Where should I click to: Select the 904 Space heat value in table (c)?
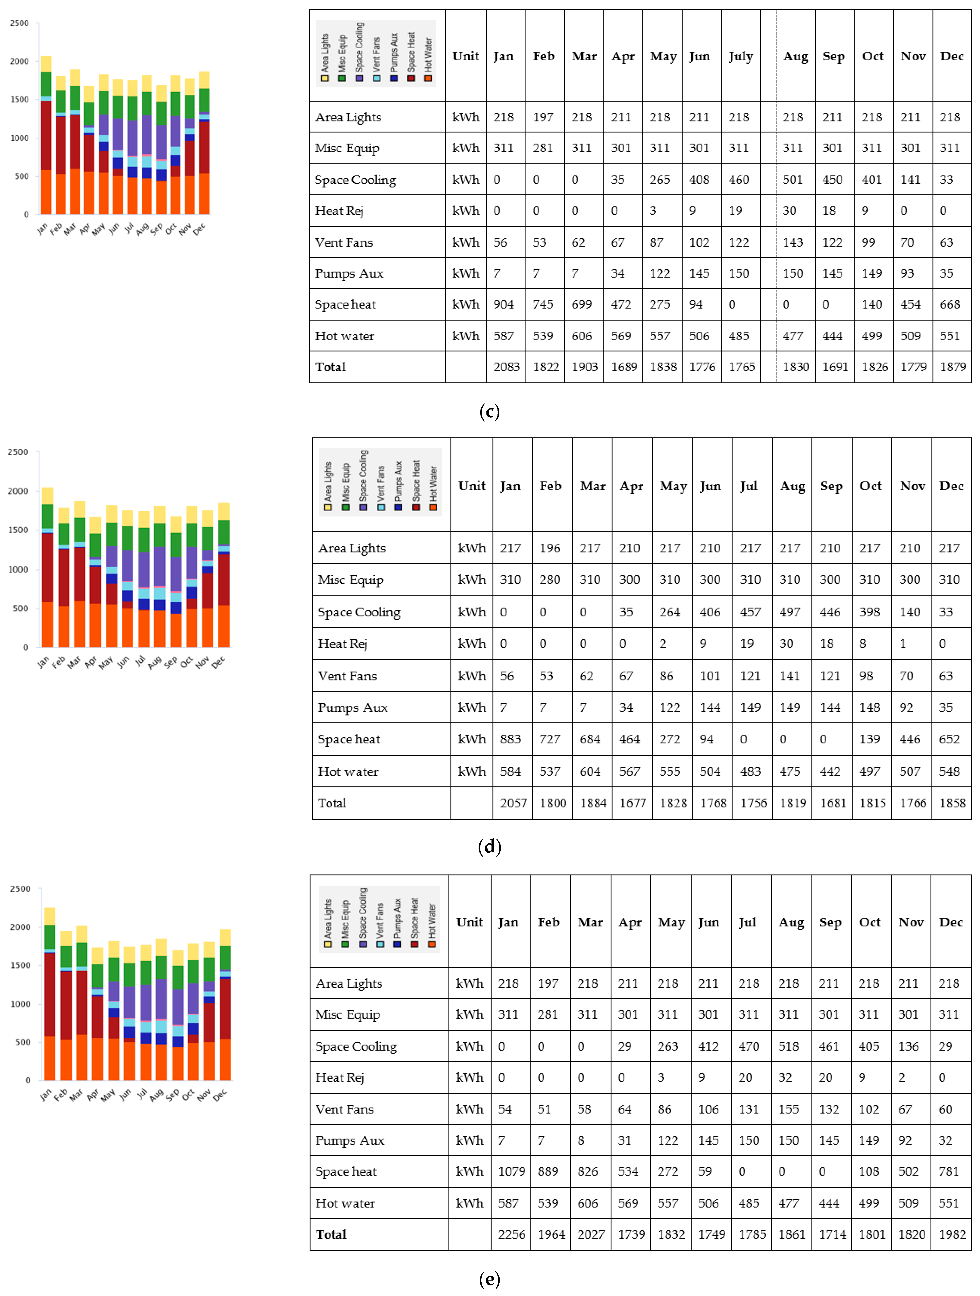[503, 304]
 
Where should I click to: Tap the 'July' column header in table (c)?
[740, 56]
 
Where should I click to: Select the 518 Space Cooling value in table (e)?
[789, 1046]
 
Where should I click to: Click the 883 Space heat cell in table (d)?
[510, 739]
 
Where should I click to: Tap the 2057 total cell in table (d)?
[513, 803]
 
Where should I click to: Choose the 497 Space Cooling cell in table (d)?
[790, 612]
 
